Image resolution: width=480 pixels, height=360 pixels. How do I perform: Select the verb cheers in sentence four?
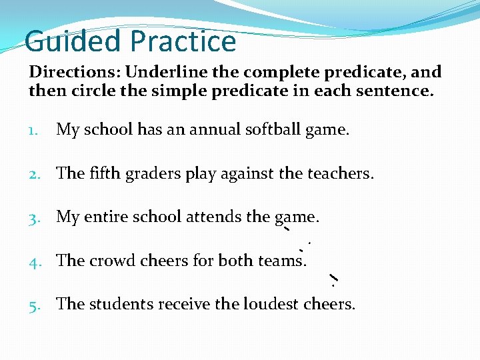[x=165, y=261]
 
